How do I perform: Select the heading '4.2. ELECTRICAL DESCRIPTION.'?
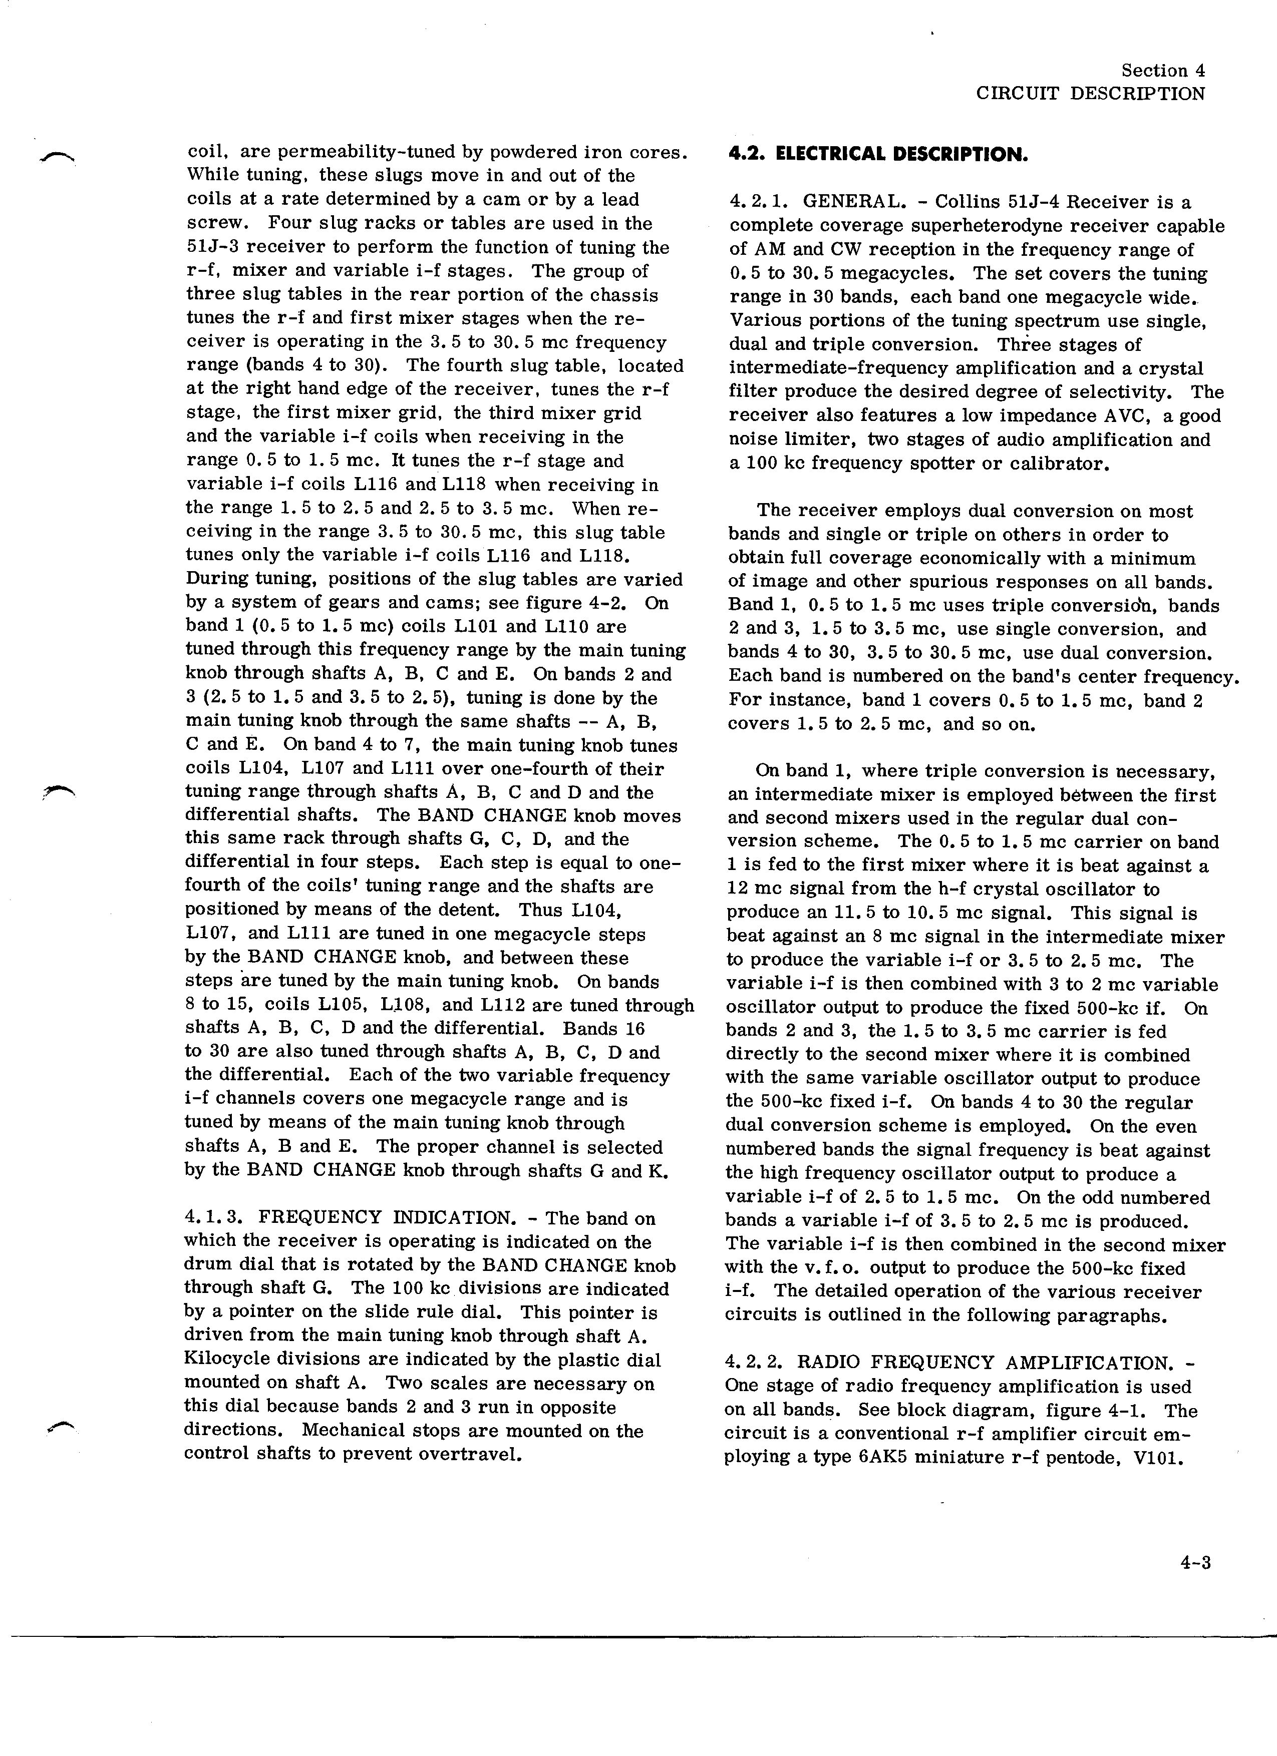(x=878, y=154)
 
